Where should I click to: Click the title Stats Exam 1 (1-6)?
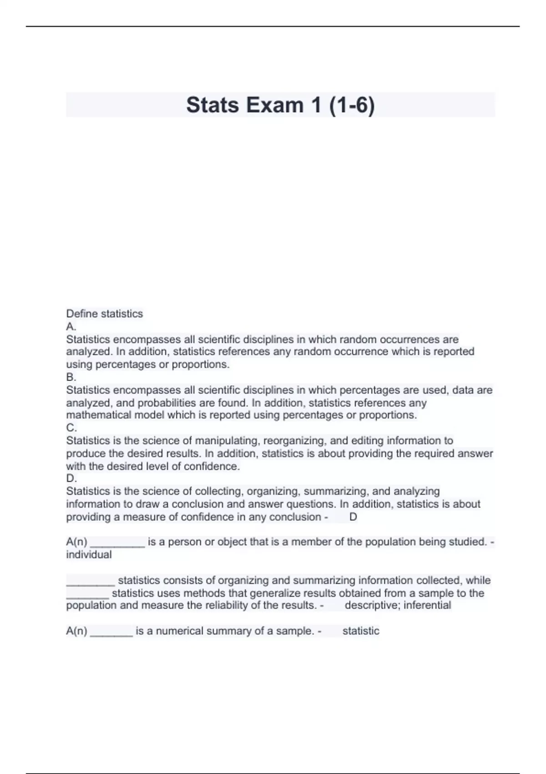(280, 105)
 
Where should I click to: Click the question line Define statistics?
(104, 314)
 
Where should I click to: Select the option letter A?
(71, 326)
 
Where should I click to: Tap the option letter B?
(71, 377)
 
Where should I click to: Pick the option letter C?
(71, 428)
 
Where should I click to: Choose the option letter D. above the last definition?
(71, 478)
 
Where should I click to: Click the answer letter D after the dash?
(353, 517)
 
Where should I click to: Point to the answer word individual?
(89, 555)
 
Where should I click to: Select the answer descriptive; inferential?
(398, 605)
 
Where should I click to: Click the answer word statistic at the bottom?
(360, 631)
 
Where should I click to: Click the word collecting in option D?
(217, 491)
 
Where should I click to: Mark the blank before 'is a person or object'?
(117, 543)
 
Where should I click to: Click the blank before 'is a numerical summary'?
(111, 632)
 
